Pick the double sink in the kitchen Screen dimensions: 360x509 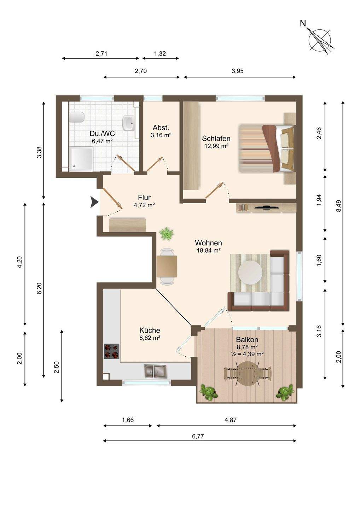point(155,371)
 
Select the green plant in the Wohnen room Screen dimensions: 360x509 point(166,233)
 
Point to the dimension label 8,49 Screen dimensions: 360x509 point(339,206)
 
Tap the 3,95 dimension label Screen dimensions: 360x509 point(238,71)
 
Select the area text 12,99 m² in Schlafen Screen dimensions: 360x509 point(216,146)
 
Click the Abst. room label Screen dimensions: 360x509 point(161,127)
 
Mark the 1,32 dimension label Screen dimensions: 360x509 point(160,54)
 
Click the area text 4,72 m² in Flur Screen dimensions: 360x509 point(144,205)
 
